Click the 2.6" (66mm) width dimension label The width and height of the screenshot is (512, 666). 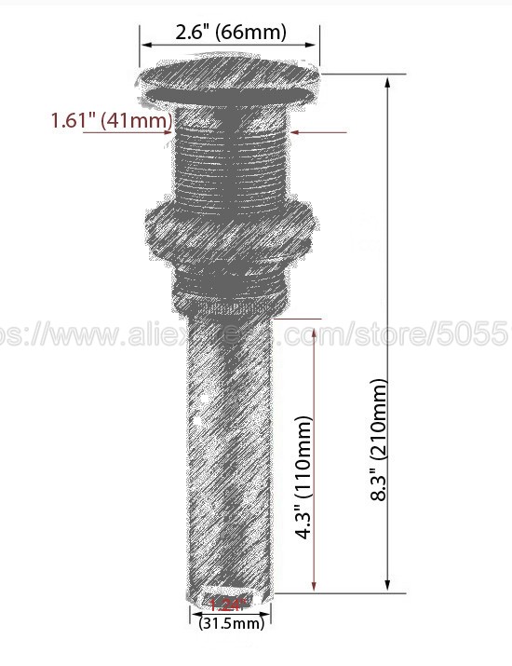(x=231, y=33)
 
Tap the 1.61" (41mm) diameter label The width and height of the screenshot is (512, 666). (x=111, y=121)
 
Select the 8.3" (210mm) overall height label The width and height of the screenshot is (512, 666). (x=379, y=441)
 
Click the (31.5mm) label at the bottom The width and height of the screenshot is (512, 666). (x=231, y=623)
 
